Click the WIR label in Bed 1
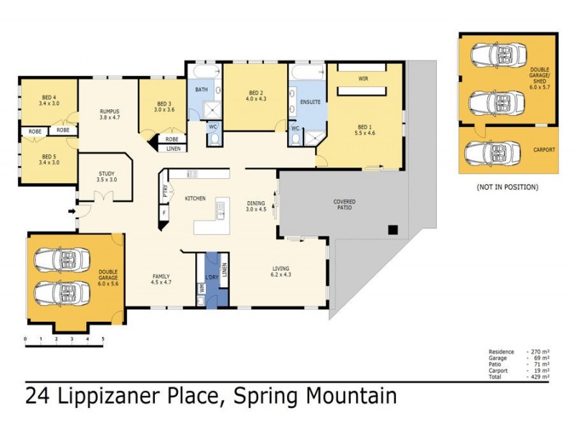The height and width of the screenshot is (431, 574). [x=363, y=78]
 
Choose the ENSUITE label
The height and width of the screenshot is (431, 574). [x=310, y=102]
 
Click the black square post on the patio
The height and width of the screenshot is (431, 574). [x=393, y=230]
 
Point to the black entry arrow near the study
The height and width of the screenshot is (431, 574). [x=69, y=211]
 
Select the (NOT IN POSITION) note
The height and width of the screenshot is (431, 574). [x=507, y=187]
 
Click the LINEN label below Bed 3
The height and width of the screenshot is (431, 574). [x=173, y=149]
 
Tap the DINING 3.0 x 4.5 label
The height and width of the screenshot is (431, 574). [x=256, y=206]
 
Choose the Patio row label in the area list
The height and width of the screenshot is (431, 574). [x=496, y=363]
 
